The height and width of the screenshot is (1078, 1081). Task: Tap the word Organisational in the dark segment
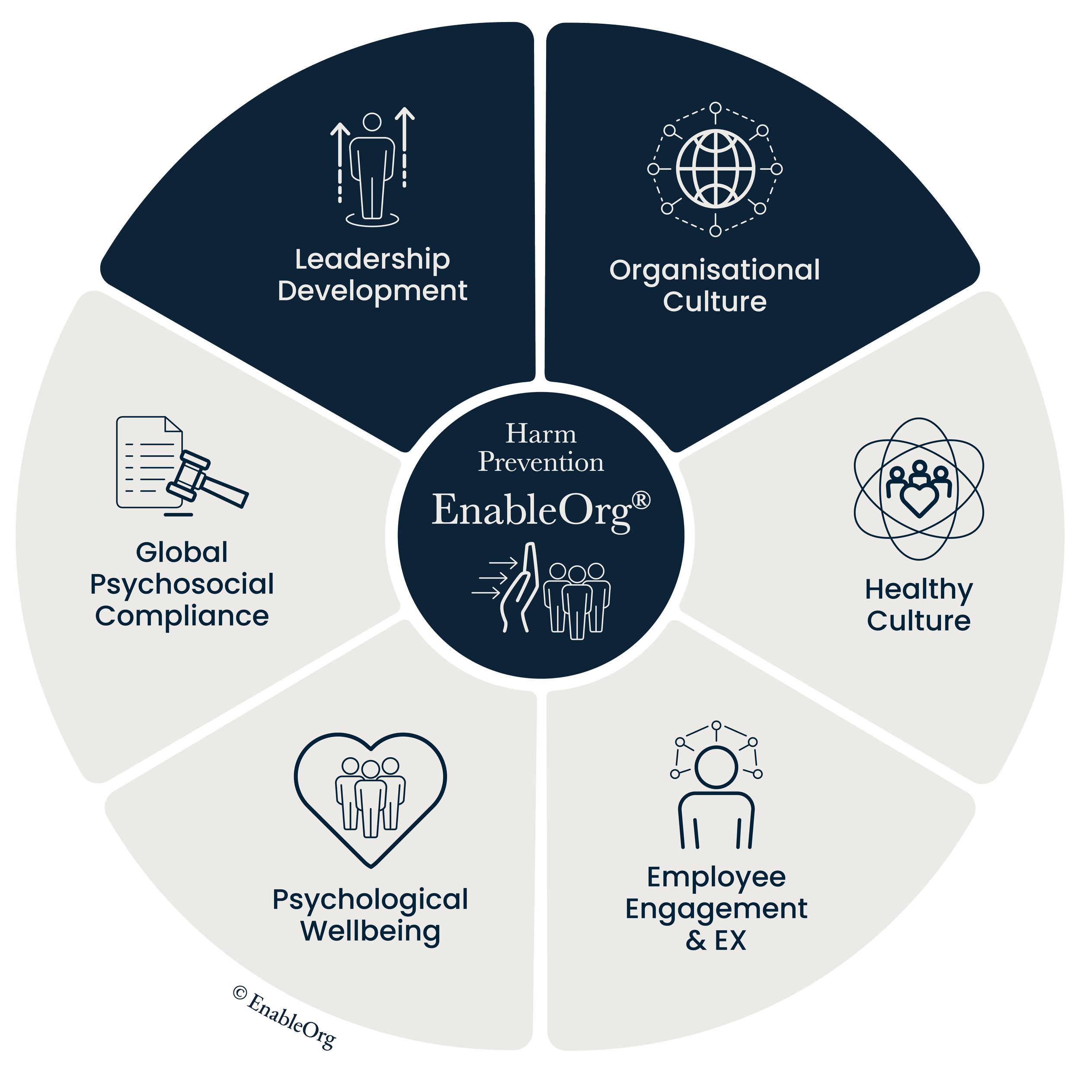pyautogui.click(x=714, y=270)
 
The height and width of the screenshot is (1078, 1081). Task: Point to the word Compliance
pyautogui.click(x=182, y=616)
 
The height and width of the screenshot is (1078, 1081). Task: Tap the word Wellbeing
pyautogui.click(x=371, y=932)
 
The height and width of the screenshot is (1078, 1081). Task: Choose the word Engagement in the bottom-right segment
pyautogui.click(x=716, y=909)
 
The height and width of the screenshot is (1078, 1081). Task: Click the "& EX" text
pyautogui.click(x=716, y=940)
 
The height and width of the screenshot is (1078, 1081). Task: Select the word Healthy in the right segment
pyautogui.click(x=919, y=590)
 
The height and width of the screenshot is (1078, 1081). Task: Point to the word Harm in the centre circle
pyautogui.click(x=540, y=434)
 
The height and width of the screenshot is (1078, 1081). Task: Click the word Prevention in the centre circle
pyautogui.click(x=540, y=463)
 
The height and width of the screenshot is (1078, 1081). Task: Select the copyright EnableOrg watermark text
pyautogui.click(x=284, y=1019)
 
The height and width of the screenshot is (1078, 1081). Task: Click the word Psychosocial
pyautogui.click(x=182, y=585)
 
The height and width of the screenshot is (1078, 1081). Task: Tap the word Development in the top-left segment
pyautogui.click(x=372, y=291)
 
